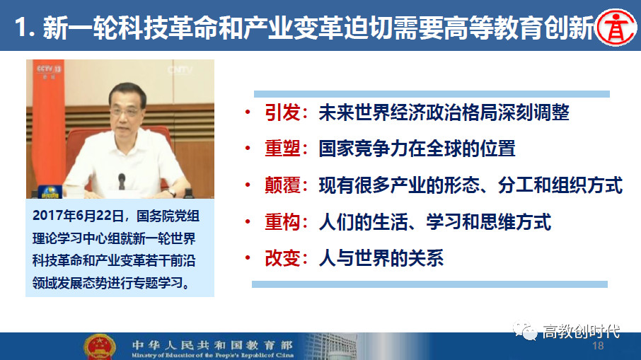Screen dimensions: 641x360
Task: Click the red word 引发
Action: point(282,112)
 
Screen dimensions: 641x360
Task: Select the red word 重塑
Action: point(282,149)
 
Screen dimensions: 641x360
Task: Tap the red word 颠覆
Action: point(282,185)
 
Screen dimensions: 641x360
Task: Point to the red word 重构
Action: point(282,222)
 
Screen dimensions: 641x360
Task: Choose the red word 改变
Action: point(282,258)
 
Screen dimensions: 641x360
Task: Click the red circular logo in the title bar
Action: point(616,28)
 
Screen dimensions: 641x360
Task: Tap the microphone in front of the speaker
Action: point(122,181)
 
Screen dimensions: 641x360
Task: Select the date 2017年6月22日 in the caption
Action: point(78,216)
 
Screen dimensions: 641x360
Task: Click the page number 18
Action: point(598,346)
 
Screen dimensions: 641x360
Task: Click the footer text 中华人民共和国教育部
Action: point(212,345)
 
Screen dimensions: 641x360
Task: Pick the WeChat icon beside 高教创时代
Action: point(525,330)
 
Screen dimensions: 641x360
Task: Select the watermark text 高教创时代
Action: point(581,332)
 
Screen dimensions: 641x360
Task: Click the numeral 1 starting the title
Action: point(21,28)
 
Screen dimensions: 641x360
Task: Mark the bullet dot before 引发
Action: point(248,112)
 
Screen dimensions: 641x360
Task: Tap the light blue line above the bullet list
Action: point(432,94)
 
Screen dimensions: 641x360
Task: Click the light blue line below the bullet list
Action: point(429,284)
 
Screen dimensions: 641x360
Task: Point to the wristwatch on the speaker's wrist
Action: point(172,192)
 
